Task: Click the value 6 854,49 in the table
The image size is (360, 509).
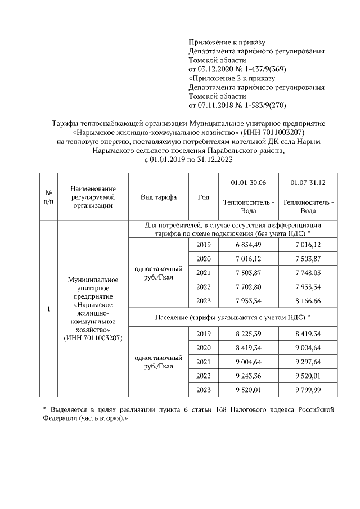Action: [x=248, y=245]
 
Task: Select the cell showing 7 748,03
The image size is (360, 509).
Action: [x=308, y=273]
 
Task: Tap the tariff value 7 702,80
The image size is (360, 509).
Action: [x=248, y=287]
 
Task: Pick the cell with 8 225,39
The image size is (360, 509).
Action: [x=248, y=334]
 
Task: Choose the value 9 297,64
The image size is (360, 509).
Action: [x=308, y=362]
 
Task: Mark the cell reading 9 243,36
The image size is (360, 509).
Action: [x=248, y=376]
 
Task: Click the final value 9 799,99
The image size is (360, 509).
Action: [x=308, y=390]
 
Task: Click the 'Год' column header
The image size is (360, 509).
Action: [x=204, y=197]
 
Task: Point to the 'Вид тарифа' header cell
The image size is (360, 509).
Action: [x=159, y=197]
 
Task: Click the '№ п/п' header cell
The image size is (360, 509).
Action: [x=48, y=197]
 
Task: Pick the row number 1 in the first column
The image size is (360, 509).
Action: [x=48, y=309]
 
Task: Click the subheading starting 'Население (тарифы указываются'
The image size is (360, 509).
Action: [x=233, y=318]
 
